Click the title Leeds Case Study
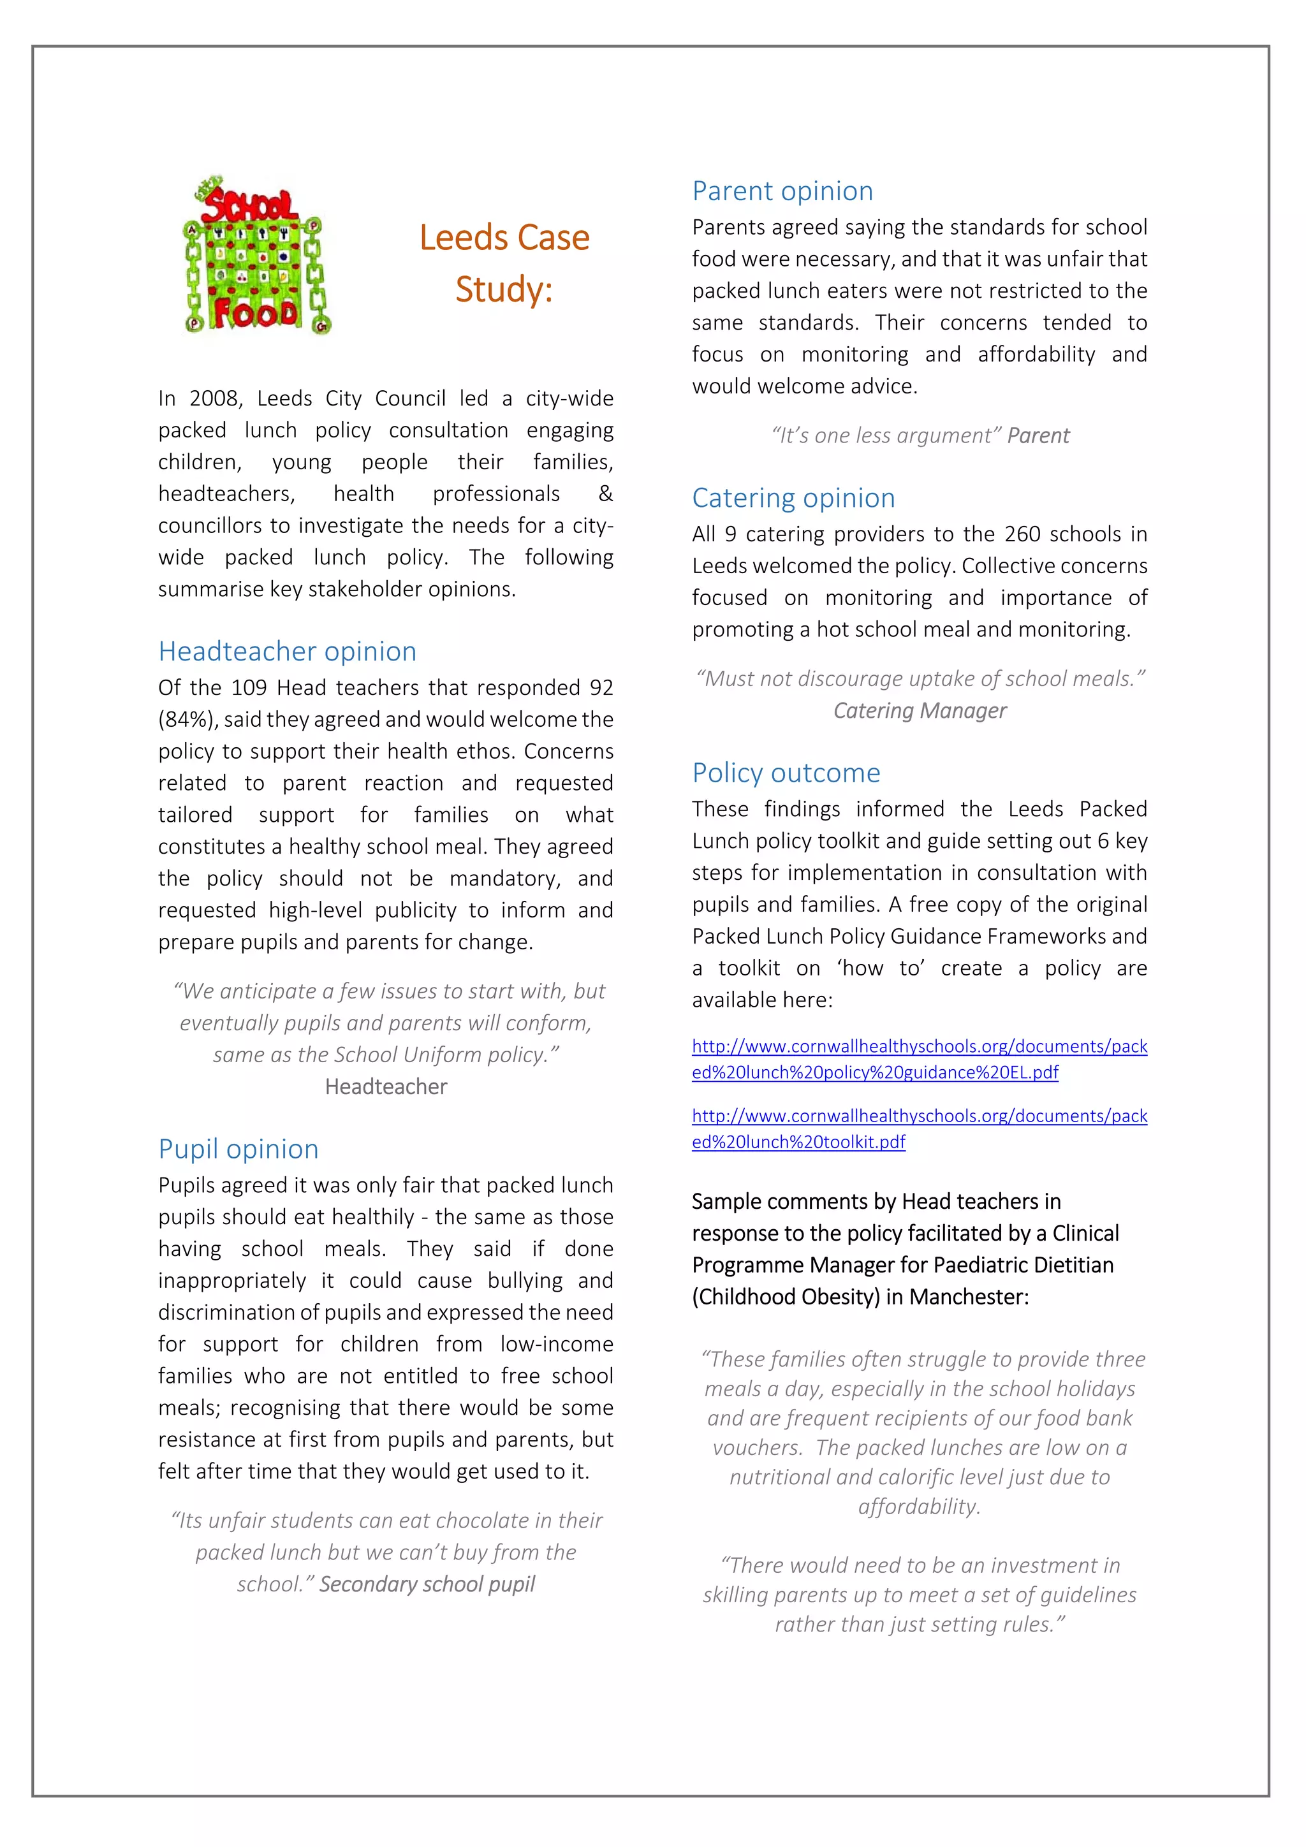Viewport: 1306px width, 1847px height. (x=504, y=263)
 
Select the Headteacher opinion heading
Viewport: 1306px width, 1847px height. (x=287, y=651)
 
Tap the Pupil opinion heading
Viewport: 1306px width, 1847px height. (x=238, y=1149)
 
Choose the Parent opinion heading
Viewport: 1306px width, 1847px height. (x=782, y=191)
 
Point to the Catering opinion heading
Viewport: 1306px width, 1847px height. (x=793, y=498)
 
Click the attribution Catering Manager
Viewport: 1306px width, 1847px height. (x=919, y=710)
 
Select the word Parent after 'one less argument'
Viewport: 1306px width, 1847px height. (x=1038, y=436)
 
